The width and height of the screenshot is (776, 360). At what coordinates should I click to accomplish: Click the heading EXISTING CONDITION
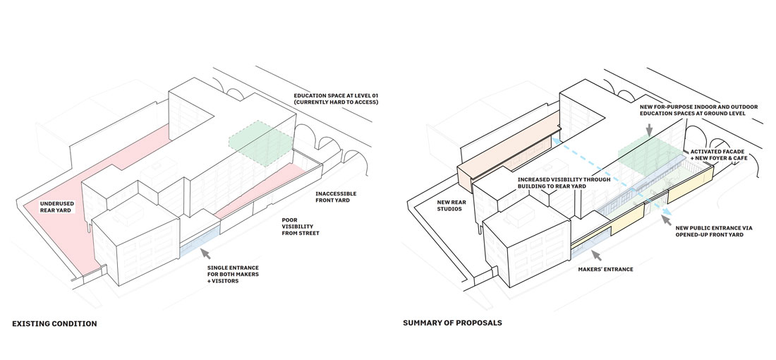pyautogui.click(x=54, y=324)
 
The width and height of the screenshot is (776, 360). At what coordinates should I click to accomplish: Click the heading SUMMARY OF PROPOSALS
pyautogui.click(x=452, y=324)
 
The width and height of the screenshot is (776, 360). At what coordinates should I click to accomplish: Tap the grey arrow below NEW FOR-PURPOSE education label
pyautogui.click(x=650, y=129)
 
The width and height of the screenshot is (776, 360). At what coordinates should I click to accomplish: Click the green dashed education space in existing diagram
pyautogui.click(x=259, y=143)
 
